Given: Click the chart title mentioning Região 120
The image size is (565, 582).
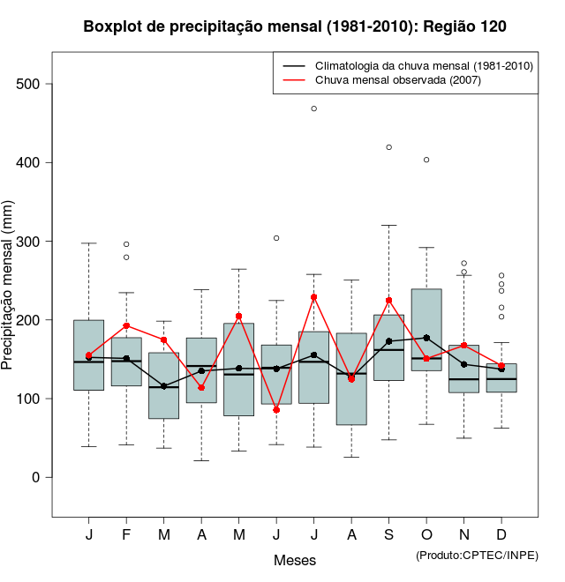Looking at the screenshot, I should click(295, 26).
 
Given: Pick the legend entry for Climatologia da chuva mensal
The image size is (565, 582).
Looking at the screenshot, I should click(424, 66).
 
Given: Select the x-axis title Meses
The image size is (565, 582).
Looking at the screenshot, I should click(295, 560).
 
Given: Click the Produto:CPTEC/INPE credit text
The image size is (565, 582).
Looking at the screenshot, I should click(477, 555).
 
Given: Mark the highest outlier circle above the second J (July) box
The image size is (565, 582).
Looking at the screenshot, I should click(314, 108).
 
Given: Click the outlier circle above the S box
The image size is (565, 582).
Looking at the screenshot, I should click(389, 147).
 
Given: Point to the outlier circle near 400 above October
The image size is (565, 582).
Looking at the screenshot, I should click(426, 160).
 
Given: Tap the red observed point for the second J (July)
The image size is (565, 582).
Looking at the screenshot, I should click(314, 297).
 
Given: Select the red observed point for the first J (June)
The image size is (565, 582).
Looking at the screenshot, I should click(276, 410).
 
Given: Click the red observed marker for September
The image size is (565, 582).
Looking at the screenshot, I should click(389, 301).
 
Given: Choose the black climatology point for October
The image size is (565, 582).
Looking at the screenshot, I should click(426, 338).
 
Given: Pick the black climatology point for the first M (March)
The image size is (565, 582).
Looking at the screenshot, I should click(164, 386).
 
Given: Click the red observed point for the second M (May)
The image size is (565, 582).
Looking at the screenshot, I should click(239, 317).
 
